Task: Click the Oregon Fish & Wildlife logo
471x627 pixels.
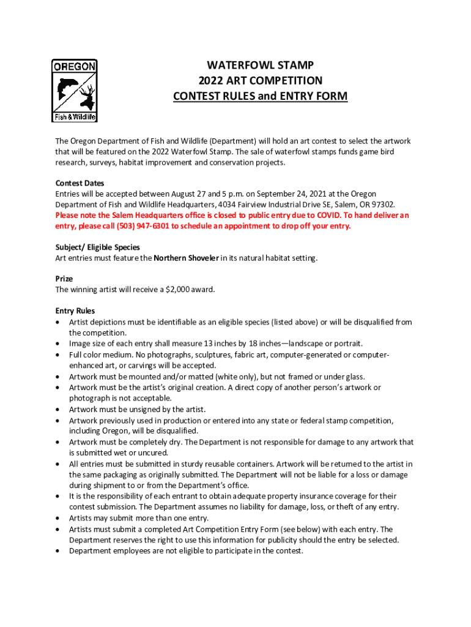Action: coord(74,91)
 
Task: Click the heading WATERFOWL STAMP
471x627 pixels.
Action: coord(260,65)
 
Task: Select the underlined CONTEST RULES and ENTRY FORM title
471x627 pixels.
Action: coord(260,96)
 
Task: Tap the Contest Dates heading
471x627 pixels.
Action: coord(80,182)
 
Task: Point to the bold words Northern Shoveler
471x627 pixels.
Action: coord(186,258)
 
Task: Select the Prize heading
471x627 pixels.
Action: coord(64,279)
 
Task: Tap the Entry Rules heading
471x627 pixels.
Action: coord(75,311)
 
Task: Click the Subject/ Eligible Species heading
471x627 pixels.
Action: coord(97,247)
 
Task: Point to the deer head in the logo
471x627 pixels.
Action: coord(87,94)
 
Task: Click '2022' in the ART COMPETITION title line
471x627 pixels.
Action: coord(209,81)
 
